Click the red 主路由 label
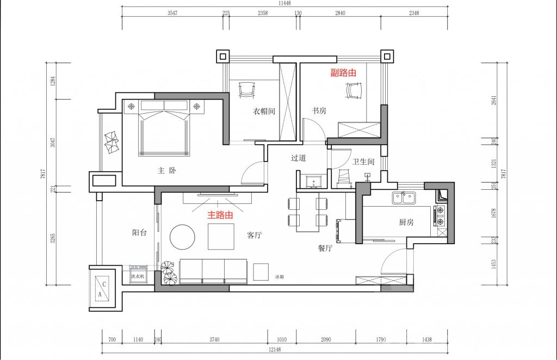[220, 215]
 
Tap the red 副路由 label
[343, 73]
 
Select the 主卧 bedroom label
[166, 171]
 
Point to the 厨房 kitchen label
[406, 222]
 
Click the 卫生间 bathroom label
[363, 162]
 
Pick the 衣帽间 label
[264, 111]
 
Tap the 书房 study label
[319, 110]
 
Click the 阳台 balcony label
[139, 233]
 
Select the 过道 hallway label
[299, 158]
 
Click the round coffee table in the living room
[182, 237]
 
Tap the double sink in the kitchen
[404, 198]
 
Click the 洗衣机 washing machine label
[138, 276]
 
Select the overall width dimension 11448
[284, 3]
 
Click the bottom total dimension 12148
[275, 349]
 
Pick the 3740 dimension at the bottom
[214, 339]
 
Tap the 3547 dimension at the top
[172, 13]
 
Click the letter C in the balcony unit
[104, 284]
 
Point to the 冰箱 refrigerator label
[280, 277]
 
